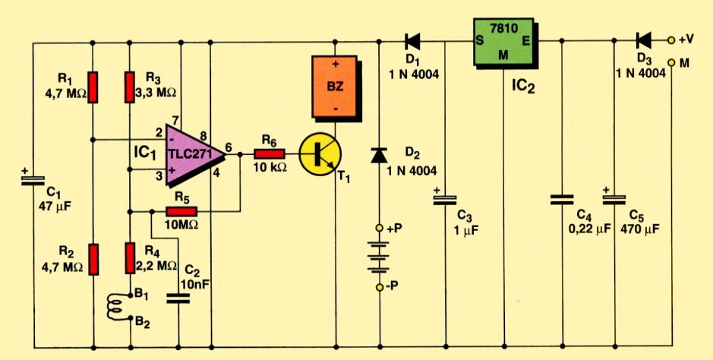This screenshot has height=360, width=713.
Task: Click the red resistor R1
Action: (92, 87)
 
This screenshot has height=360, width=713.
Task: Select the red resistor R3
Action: (130, 87)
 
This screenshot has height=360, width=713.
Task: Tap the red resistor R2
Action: (92, 259)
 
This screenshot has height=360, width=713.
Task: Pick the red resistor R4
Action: (130, 259)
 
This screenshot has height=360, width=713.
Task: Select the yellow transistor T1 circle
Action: (320, 153)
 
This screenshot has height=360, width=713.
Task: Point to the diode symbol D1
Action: (414, 39)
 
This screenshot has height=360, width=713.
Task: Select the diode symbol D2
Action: (379, 156)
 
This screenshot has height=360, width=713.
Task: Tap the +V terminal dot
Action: (670, 39)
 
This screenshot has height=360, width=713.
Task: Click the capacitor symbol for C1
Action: (33, 180)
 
